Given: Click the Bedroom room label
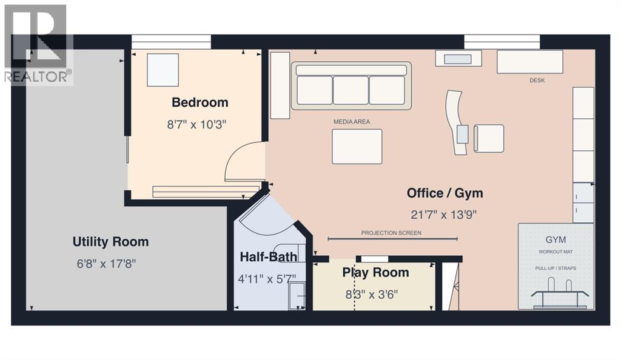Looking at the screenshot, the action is click(x=200, y=102).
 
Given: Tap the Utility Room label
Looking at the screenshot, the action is click(x=110, y=242).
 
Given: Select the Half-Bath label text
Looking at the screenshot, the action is click(x=269, y=257).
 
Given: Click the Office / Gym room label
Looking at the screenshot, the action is click(x=445, y=193).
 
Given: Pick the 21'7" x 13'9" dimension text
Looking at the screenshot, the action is click(x=443, y=215).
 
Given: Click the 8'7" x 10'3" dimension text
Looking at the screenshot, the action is click(x=196, y=125).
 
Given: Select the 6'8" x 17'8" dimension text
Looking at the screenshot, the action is click(x=107, y=264).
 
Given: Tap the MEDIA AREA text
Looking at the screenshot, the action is click(x=352, y=122).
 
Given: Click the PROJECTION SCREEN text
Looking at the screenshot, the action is click(x=391, y=233).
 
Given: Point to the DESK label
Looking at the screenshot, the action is click(x=537, y=81).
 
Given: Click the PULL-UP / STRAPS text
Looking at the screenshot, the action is click(x=556, y=268).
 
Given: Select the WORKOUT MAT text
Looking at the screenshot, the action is click(x=556, y=252).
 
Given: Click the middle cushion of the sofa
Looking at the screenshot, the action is click(x=351, y=90).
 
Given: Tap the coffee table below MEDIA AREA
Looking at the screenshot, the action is click(x=357, y=147).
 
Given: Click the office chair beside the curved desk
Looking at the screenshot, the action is click(x=489, y=138).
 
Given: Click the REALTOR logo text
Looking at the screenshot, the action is click(x=38, y=76).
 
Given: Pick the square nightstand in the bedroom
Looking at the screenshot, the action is click(x=163, y=70).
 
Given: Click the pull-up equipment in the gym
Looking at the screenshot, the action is click(x=560, y=293).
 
